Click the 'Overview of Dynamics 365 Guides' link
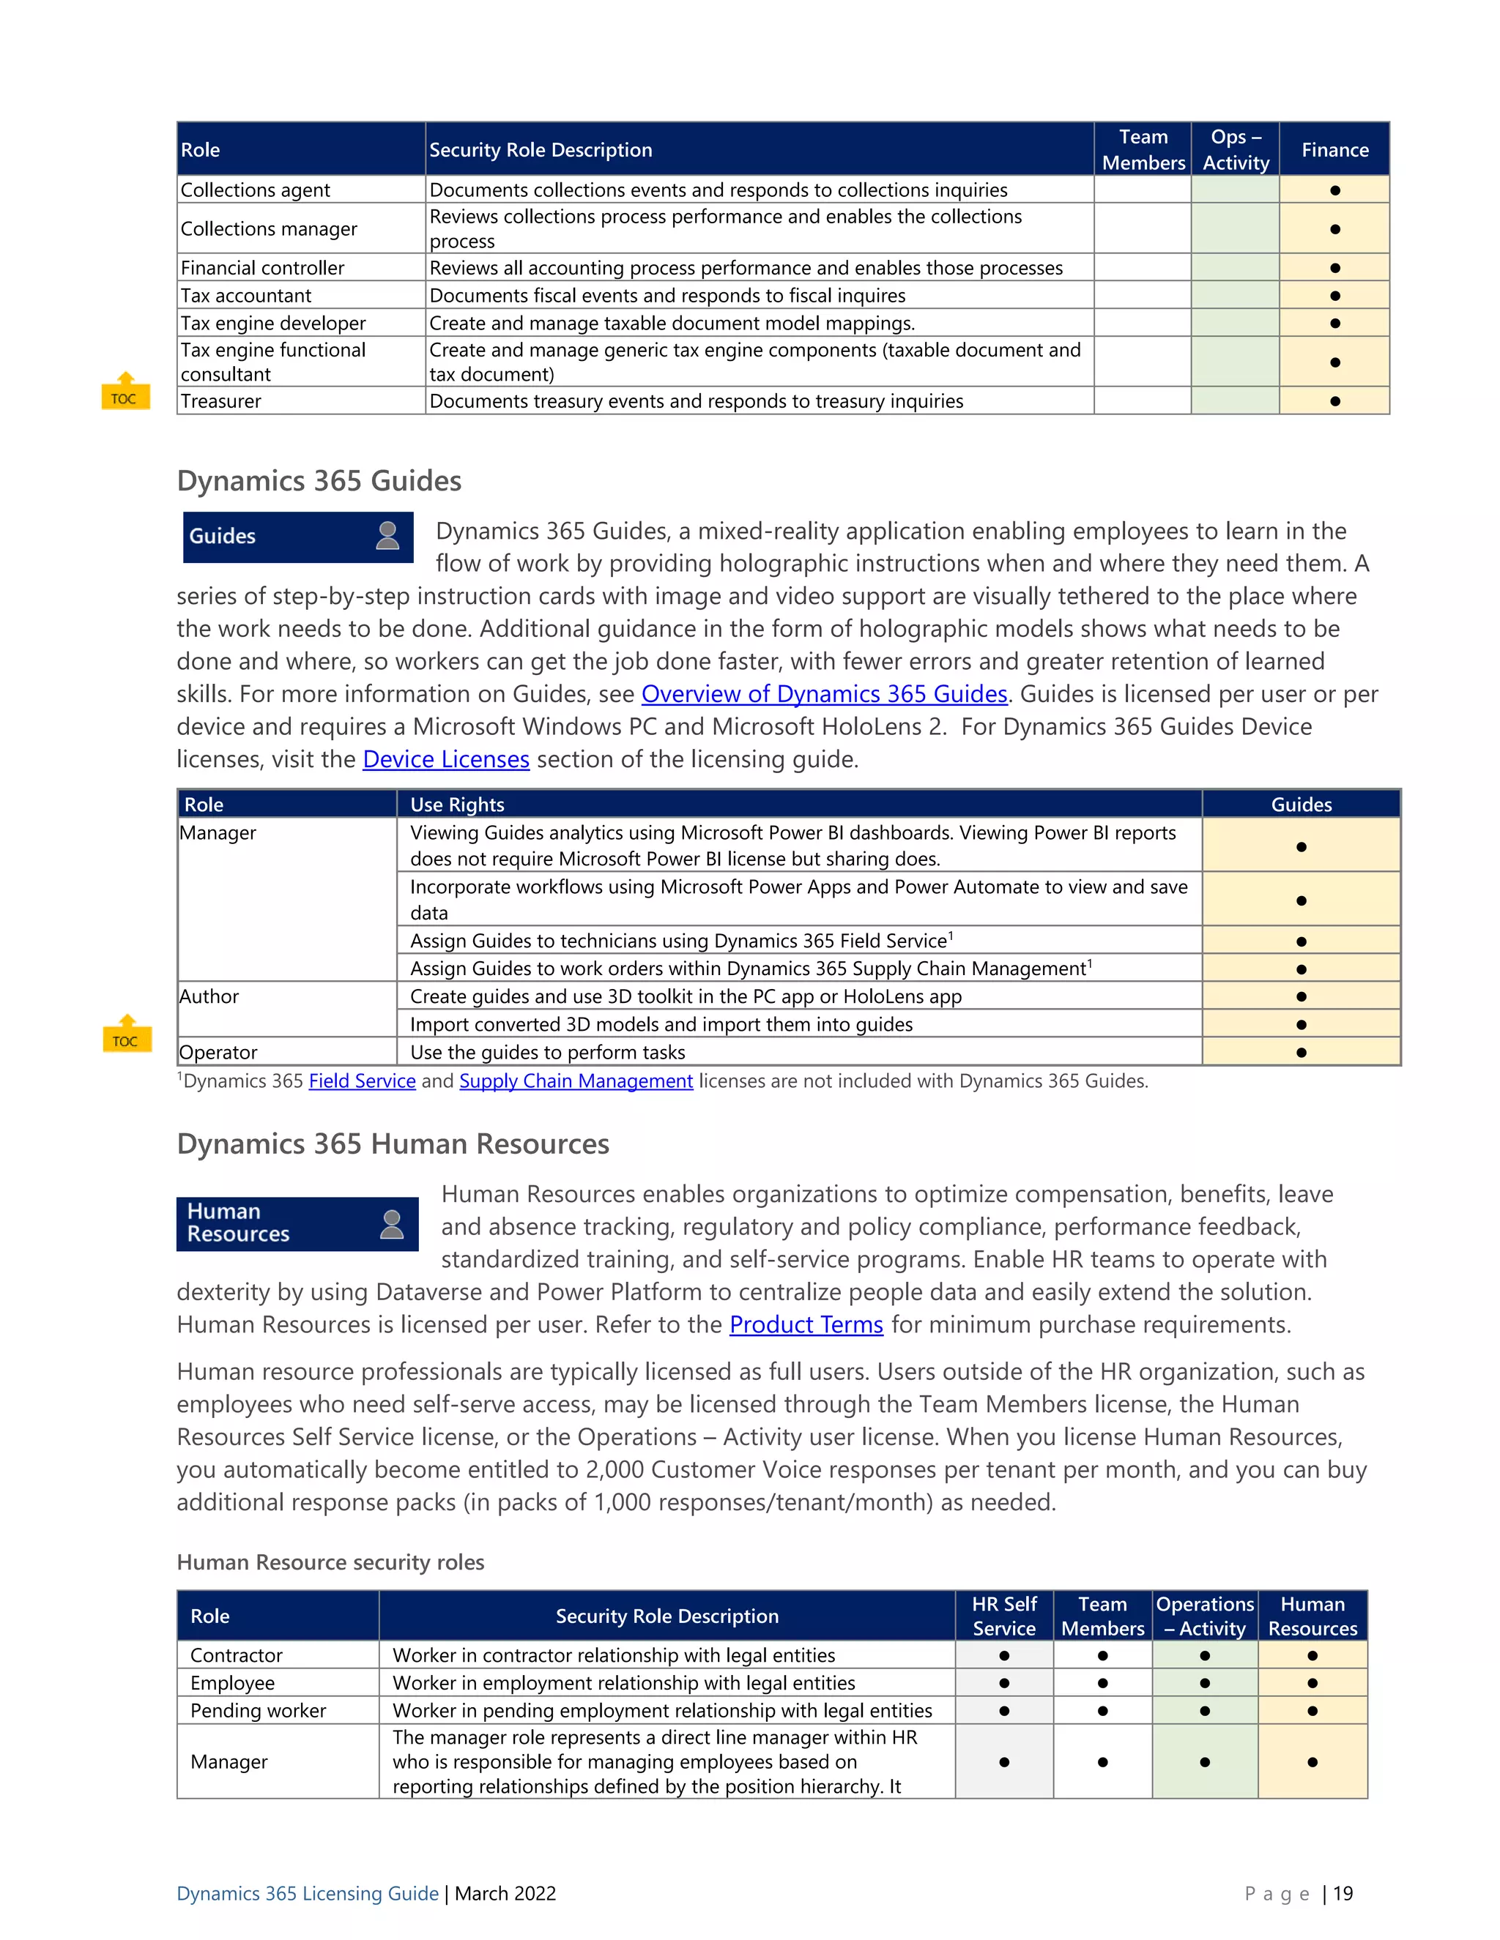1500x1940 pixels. pos(824,694)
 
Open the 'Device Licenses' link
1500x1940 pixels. pos(446,759)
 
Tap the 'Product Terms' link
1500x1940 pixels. pos(806,1324)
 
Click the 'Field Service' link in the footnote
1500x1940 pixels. pos(362,1081)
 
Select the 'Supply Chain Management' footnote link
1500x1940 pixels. pos(576,1081)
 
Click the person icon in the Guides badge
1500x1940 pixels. pos(387,536)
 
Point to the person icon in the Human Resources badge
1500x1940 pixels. pos(391,1224)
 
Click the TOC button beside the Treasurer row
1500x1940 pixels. pos(125,392)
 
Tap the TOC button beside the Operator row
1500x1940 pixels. pos(126,1035)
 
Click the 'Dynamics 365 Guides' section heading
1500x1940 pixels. pos(319,480)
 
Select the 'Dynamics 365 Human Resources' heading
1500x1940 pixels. pos(393,1144)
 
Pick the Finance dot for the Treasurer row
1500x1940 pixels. pos(1334,401)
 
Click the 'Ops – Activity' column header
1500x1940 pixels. pos(1235,149)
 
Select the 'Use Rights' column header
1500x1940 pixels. pos(457,804)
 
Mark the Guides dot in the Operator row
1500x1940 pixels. pos(1301,1053)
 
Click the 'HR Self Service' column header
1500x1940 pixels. pos(1003,1616)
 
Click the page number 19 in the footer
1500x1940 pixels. pos(1343,1893)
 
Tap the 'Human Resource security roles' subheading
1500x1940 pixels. pos(330,1562)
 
